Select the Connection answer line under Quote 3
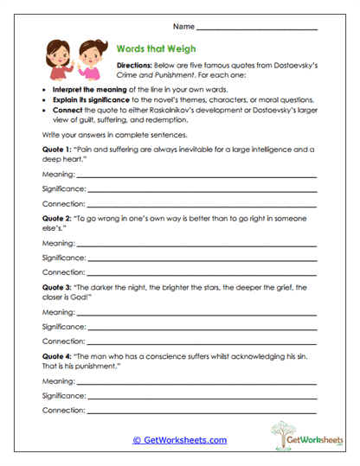[x=201, y=341]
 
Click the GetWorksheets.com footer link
[x=179, y=440]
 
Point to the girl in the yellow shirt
[x=89, y=61]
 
